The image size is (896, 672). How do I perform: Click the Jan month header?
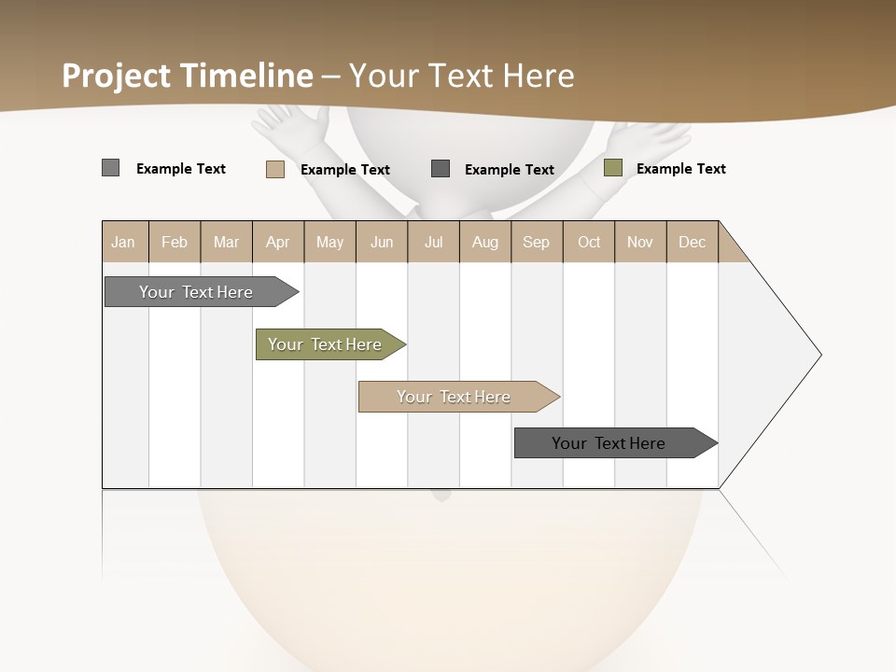coord(123,242)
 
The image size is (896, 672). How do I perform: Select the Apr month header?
coord(277,242)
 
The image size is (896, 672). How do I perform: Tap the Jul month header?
coord(433,242)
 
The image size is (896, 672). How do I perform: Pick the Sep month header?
coord(536,242)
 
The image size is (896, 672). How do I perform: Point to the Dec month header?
coord(692,242)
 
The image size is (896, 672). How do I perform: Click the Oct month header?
coord(588,242)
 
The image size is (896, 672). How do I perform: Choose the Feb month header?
coord(175,242)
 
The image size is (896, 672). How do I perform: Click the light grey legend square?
coord(110,168)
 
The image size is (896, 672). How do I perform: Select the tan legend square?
coord(274,169)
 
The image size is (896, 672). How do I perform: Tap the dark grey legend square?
coord(441,168)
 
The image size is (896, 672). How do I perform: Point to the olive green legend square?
coord(612,168)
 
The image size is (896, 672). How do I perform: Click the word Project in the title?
coord(116,76)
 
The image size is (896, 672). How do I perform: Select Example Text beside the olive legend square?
coord(680,169)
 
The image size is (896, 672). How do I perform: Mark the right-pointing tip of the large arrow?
coord(819,355)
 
